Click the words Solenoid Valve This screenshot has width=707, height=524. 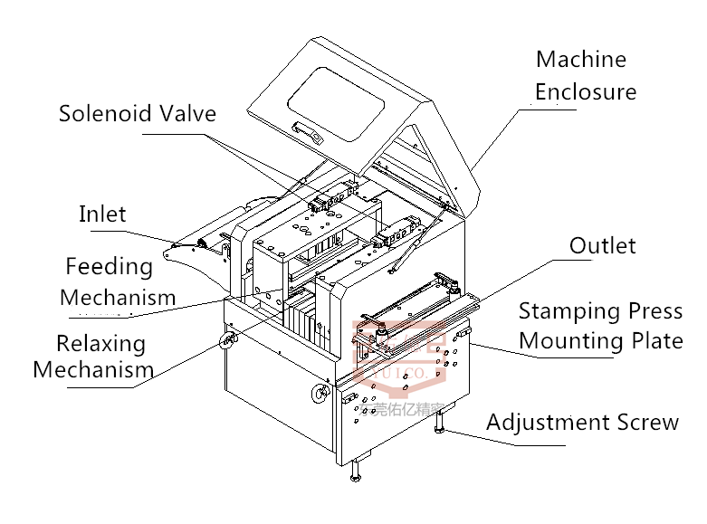tap(138, 113)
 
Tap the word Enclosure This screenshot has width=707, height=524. tap(585, 91)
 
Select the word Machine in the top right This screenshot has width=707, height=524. tap(580, 60)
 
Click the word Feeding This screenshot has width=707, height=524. tap(109, 267)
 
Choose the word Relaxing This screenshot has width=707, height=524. tap(100, 344)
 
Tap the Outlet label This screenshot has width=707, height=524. tap(602, 245)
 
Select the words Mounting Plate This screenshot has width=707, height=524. tap(600, 341)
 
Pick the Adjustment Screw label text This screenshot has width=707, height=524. tap(582, 423)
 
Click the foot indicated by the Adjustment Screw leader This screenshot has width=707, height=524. tap(441, 422)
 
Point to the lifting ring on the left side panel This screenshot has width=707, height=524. tap(226, 340)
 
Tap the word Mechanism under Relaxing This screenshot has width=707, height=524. tap(93, 370)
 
